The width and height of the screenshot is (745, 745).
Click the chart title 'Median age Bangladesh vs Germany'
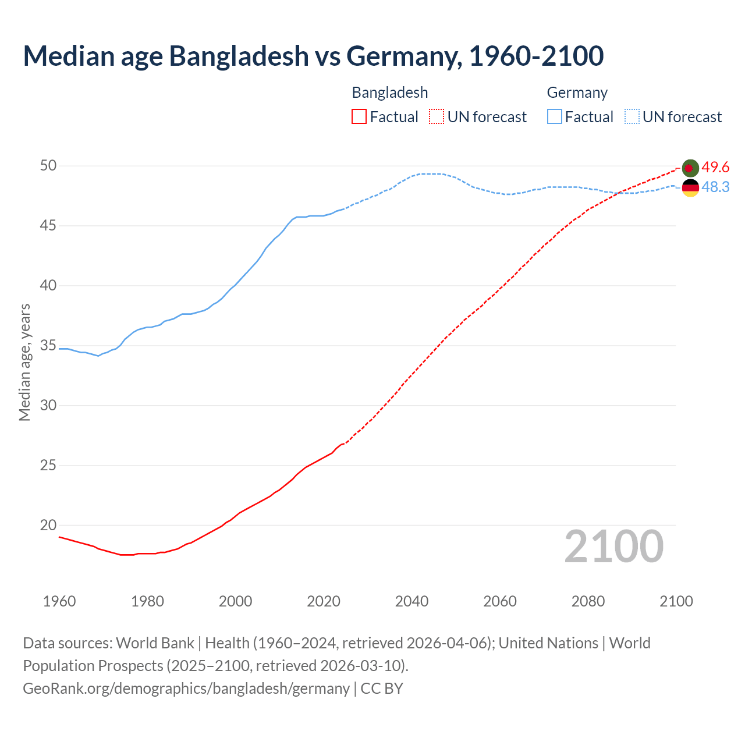point(313,56)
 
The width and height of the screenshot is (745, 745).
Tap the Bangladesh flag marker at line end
point(690,168)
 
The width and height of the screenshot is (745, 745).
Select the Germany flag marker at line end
point(690,187)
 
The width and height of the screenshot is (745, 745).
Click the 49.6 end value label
point(715,168)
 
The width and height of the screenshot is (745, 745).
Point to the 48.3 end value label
point(715,187)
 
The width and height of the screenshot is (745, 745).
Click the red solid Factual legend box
point(359,117)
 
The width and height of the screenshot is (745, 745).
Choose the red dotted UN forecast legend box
point(437,117)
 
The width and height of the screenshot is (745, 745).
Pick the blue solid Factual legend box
point(554,117)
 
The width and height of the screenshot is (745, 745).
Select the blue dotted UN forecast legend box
point(632,117)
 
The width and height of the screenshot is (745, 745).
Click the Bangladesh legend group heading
point(390,93)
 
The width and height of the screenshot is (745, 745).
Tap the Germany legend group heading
point(577,93)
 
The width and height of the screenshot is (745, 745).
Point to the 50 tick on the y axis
point(48,166)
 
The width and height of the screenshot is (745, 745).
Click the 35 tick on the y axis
point(48,346)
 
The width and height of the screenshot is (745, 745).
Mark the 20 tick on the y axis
point(48,525)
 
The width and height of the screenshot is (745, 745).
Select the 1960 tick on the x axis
point(59,601)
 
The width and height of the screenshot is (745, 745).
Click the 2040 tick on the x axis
point(411,601)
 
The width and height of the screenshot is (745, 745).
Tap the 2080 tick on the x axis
point(588,601)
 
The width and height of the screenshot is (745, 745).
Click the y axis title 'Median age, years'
point(24,362)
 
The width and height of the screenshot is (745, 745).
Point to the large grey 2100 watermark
point(613,547)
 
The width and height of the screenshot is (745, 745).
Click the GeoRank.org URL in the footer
point(186,689)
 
